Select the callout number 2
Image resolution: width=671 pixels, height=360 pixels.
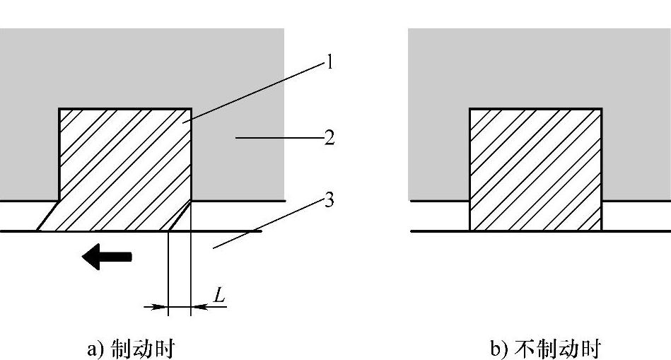tap(329, 137)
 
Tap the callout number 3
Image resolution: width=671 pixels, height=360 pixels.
tap(329, 200)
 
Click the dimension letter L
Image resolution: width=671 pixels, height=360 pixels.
tap(219, 296)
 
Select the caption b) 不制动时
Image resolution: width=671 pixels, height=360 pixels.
tap(545, 349)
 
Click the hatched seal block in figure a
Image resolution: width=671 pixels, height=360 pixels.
tap(124, 163)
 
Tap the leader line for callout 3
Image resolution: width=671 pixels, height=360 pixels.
tap(269, 224)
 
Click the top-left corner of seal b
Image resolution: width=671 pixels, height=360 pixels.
tap(470, 109)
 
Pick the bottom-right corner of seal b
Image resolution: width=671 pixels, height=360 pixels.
tap(602, 230)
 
